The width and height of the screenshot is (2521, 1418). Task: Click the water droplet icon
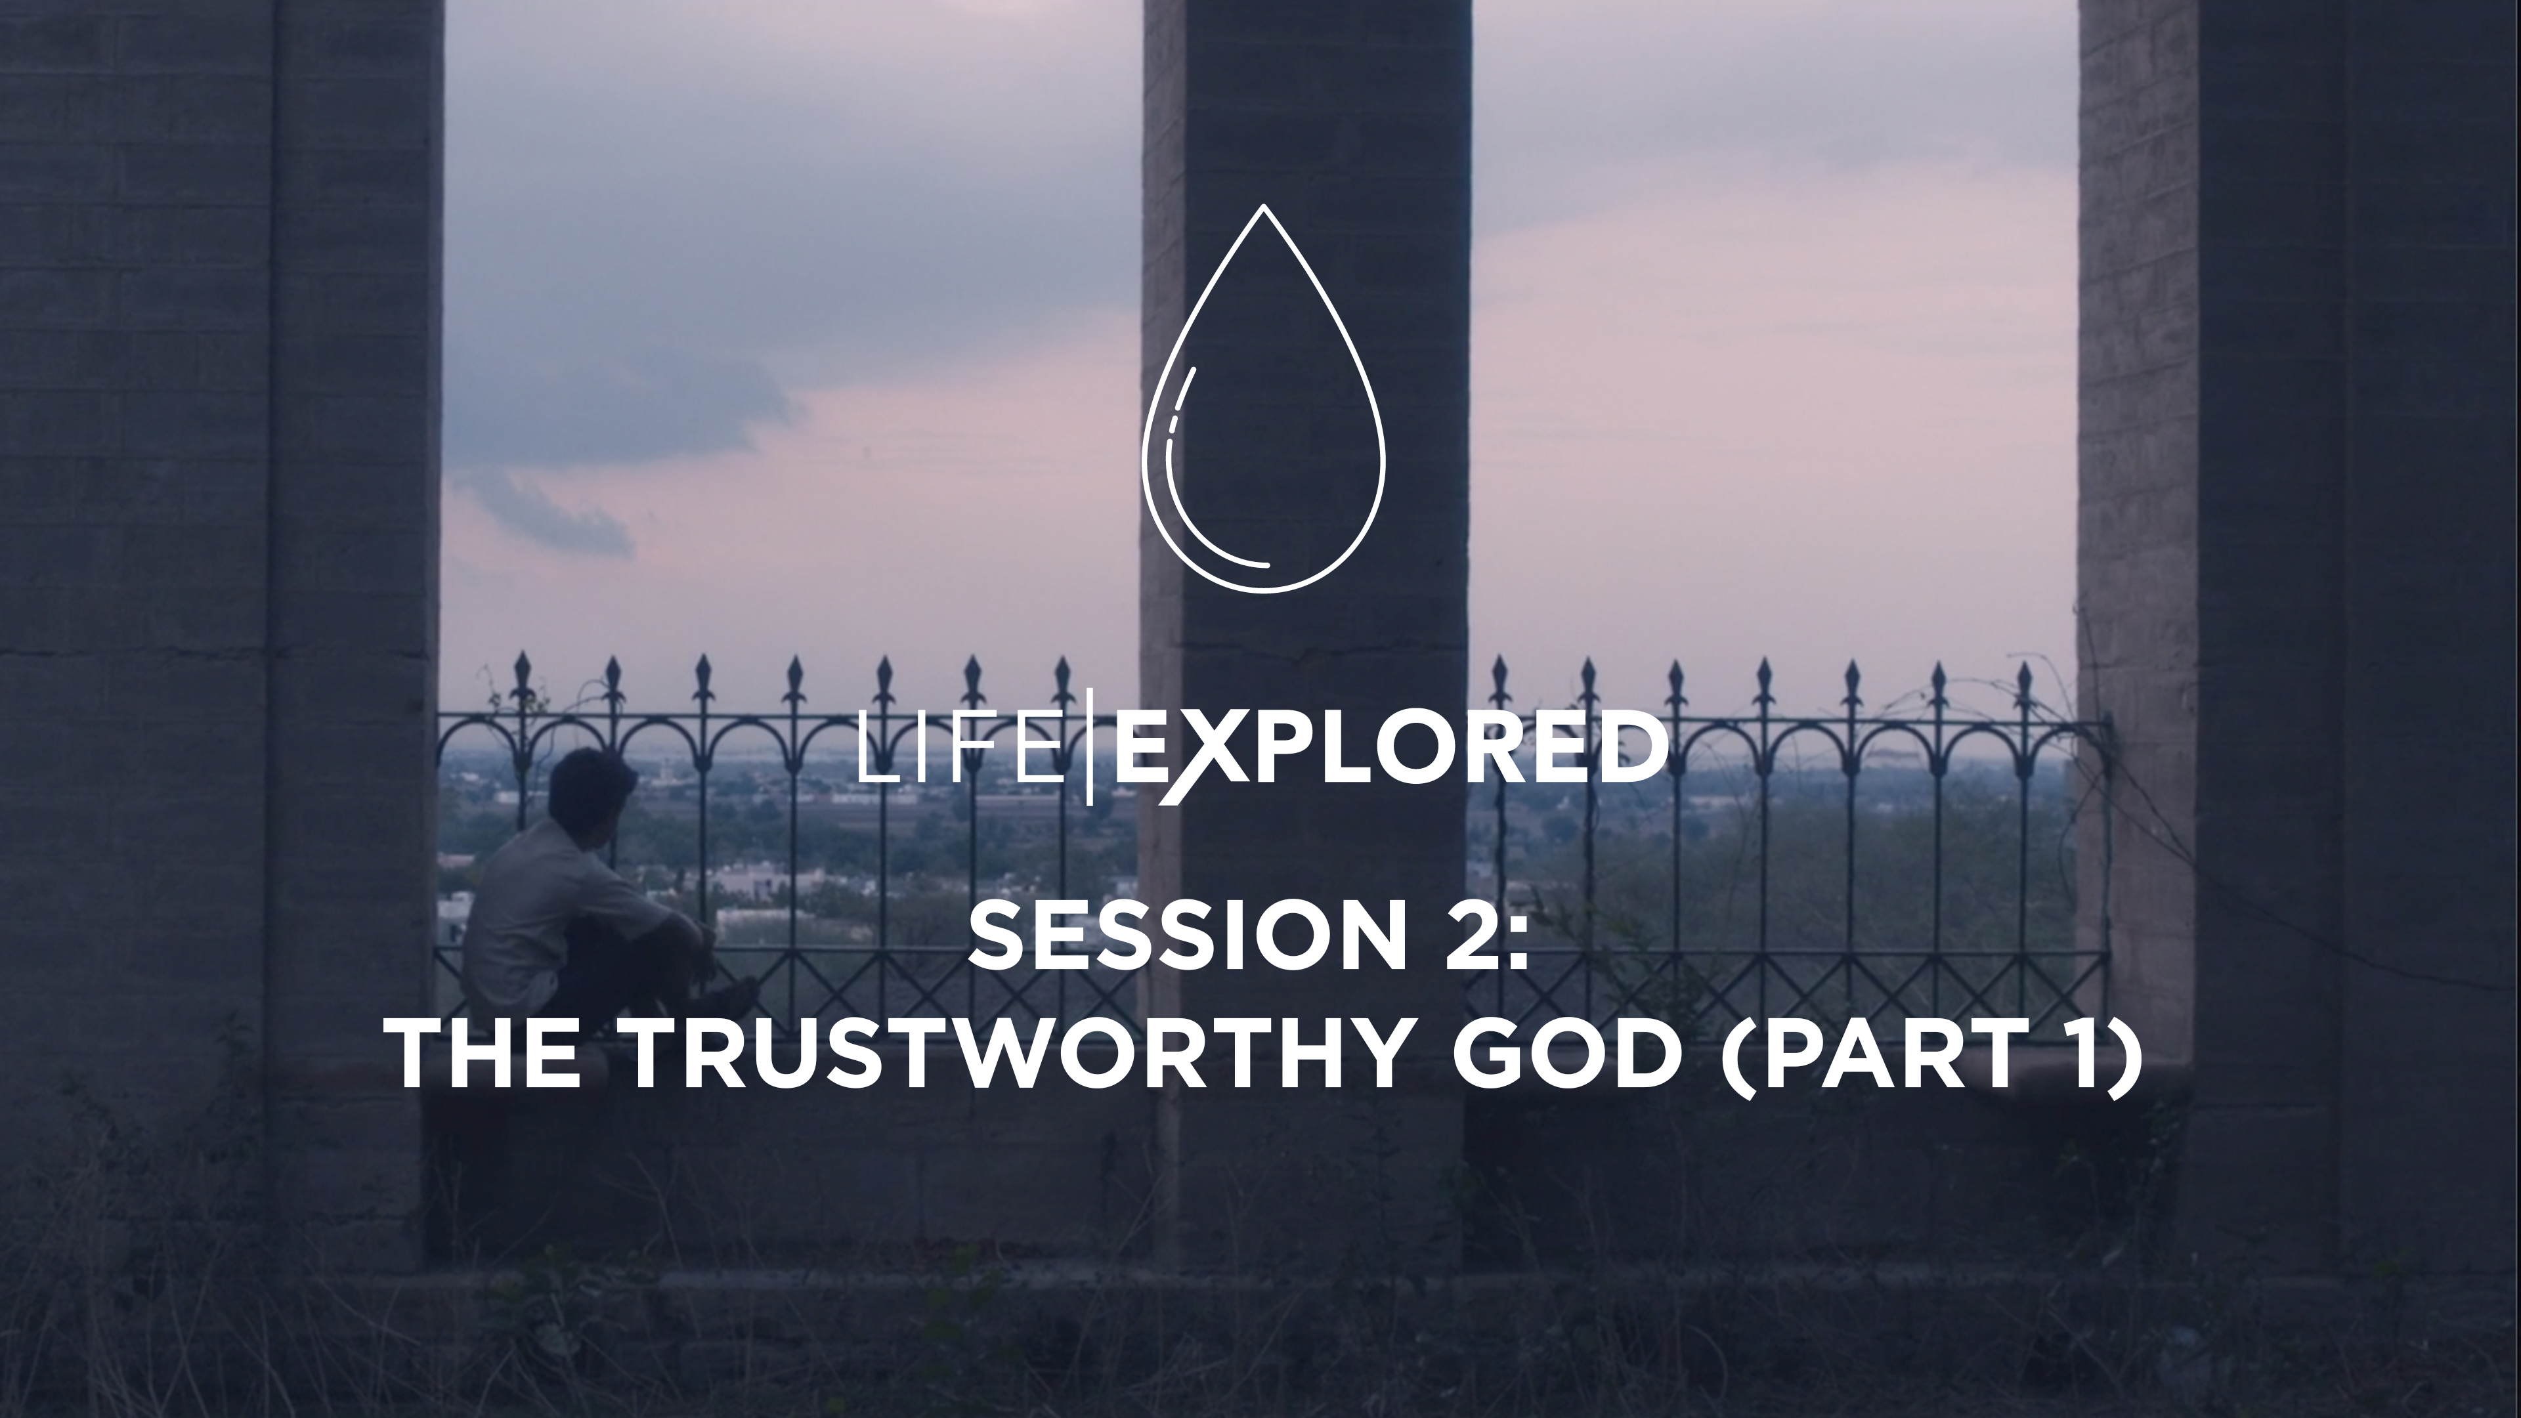pyautogui.click(x=1263, y=411)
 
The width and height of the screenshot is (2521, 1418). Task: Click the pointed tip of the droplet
pyautogui.click(x=1263, y=209)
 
